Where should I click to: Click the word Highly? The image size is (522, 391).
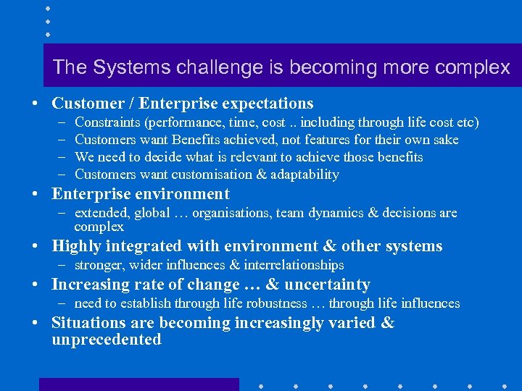pyautogui.click(x=76, y=246)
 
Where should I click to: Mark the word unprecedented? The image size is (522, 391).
pyautogui.click(x=106, y=340)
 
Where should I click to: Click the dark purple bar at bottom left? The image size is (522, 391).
pyautogui.click(x=138, y=384)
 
